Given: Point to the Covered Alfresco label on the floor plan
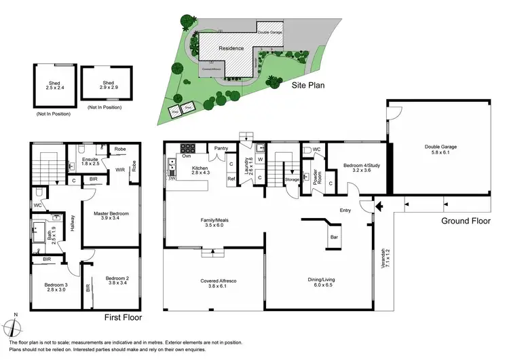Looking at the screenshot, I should click(214, 283).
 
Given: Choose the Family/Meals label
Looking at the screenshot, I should click(215, 221).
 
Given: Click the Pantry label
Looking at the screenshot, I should click(221, 147).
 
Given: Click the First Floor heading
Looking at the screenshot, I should click(124, 317).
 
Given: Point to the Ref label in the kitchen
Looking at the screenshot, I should click(231, 180).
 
